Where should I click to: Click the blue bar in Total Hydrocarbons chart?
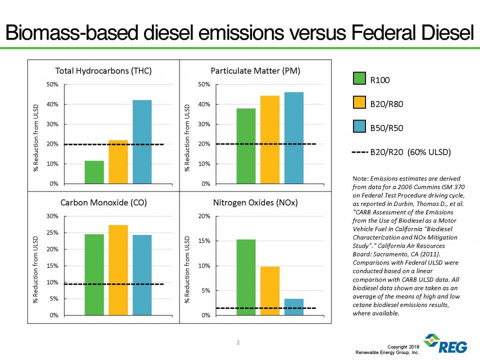click(x=142, y=142)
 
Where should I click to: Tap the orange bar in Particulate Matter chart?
click(x=270, y=139)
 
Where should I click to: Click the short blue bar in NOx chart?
click(x=294, y=306)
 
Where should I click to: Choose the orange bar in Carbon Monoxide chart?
click(x=118, y=270)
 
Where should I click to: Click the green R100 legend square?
click(x=359, y=79)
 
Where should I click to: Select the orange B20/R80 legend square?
click(x=359, y=103)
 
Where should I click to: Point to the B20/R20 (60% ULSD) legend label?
click(x=410, y=151)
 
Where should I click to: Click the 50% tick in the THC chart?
click(x=51, y=84)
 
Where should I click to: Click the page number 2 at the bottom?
click(x=238, y=342)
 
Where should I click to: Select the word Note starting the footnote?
click(x=360, y=178)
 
